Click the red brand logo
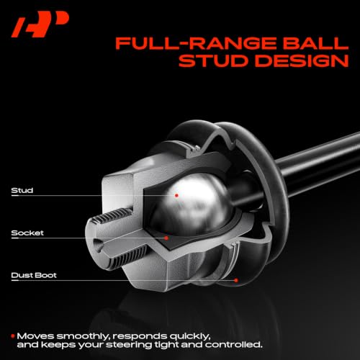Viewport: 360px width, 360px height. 40,24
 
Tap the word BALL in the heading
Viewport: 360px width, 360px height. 315,43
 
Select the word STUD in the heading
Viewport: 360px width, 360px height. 213,60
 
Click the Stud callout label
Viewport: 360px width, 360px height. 22,191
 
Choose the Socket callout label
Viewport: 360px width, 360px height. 27,233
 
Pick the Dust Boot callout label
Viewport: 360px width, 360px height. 34,275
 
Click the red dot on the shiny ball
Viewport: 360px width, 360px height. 176,195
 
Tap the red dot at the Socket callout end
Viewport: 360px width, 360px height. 166,238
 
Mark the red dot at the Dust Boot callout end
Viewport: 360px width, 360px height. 236,280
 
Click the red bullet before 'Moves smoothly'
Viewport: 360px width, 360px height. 13,336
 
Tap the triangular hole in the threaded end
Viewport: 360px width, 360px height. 99,246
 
